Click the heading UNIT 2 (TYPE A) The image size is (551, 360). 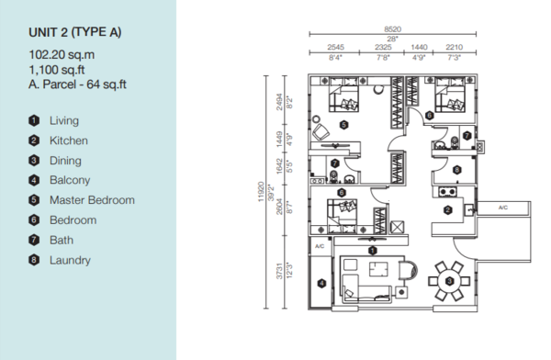coord(75,32)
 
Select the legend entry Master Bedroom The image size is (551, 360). coord(92,200)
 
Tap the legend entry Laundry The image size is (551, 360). coord(70,260)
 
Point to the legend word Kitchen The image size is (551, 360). coord(69,141)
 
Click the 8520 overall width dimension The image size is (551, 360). coord(392,29)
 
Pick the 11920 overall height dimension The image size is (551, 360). coord(261,192)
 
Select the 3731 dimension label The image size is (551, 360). coord(279,271)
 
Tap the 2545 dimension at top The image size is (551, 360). coord(335,47)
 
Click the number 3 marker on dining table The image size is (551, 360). coord(449,281)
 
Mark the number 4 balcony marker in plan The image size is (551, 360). coord(321,284)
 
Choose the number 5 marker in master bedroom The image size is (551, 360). coord(344,125)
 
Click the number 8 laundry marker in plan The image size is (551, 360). coord(456,170)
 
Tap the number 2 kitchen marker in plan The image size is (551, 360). coord(448,210)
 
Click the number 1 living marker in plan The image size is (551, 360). coord(373,251)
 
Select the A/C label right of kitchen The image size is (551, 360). coord(503,208)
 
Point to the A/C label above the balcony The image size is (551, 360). coord(320,246)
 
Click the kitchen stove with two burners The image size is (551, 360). coord(447,192)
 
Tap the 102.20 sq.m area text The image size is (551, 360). coord(62,55)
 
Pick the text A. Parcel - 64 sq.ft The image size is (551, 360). coord(77,84)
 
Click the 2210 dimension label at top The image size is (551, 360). coord(454,47)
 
